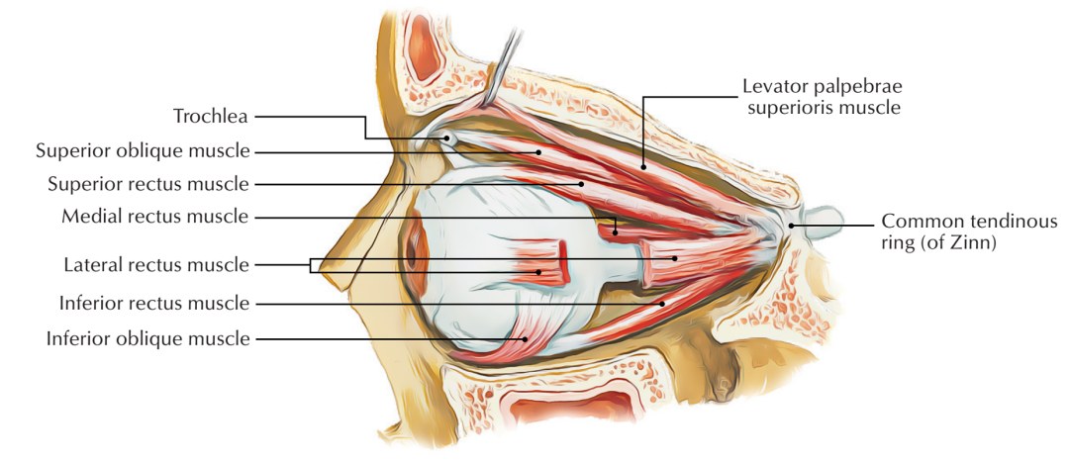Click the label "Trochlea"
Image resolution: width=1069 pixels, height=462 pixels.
pyautogui.click(x=211, y=117)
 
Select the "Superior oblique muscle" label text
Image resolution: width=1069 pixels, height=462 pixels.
pyautogui.click(x=143, y=151)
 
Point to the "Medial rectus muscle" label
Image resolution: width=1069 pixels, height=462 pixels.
pyautogui.click(x=155, y=216)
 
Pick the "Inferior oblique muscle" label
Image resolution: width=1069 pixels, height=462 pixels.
pyautogui.click(x=147, y=338)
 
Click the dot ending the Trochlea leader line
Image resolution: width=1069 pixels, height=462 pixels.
pyautogui.click(x=447, y=139)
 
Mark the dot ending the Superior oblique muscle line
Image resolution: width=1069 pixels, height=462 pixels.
pyautogui.click(x=538, y=151)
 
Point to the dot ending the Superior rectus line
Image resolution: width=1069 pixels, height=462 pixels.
pyautogui.click(x=582, y=184)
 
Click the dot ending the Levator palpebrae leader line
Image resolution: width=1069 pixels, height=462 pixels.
pyautogui.click(x=643, y=167)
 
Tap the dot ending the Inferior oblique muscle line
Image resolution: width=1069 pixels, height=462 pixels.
pyautogui.click(x=525, y=338)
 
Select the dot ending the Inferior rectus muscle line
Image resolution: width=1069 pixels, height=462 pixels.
pyautogui.click(x=663, y=303)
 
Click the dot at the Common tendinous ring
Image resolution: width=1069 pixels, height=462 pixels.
pyautogui.click(x=790, y=226)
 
